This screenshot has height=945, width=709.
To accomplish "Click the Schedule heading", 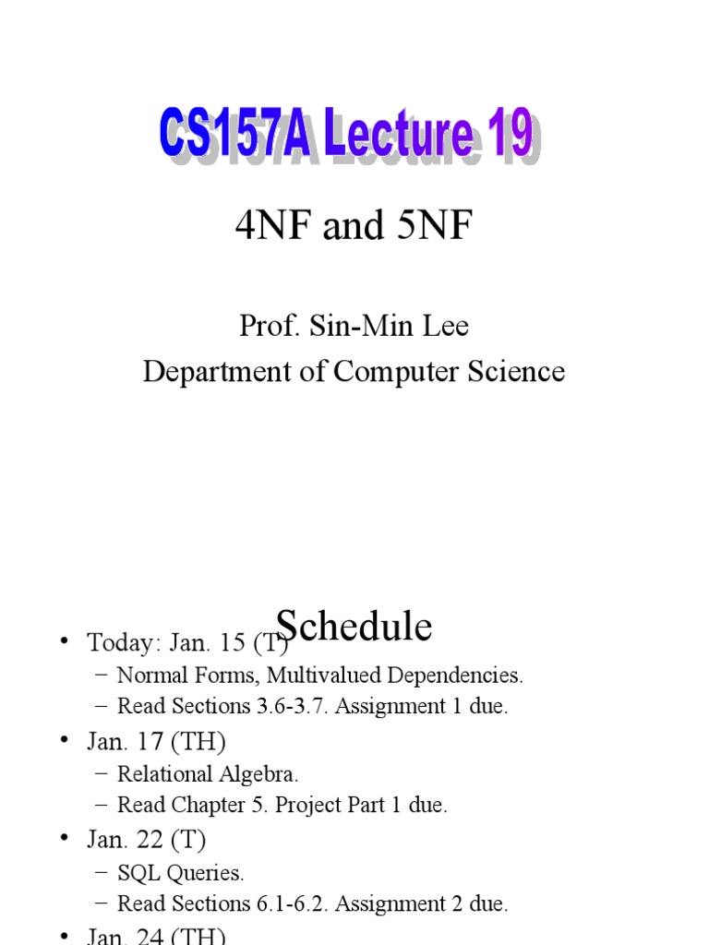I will coord(354,627).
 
